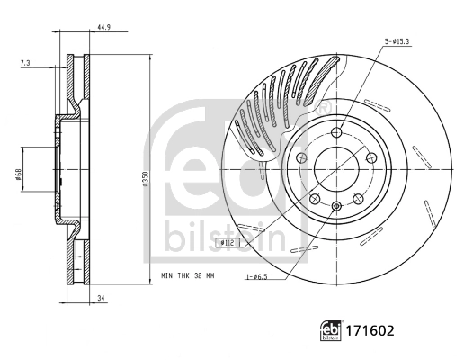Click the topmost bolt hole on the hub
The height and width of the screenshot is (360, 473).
335,133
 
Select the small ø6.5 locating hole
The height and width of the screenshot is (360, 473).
335,207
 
